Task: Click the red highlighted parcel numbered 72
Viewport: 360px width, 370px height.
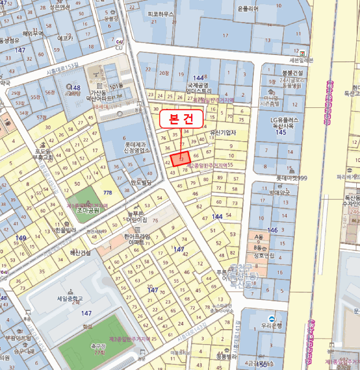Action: (x=181, y=159)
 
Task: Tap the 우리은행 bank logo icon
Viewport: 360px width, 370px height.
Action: (x=271, y=318)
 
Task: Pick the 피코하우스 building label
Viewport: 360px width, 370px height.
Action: (x=160, y=14)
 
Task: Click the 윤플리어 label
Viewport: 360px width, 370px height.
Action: (x=248, y=9)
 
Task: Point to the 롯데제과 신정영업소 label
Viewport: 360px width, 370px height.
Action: (x=137, y=146)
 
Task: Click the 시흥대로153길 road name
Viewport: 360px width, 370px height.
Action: (x=62, y=68)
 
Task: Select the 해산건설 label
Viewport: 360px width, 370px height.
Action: (x=80, y=253)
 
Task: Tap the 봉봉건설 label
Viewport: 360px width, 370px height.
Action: (x=292, y=72)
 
